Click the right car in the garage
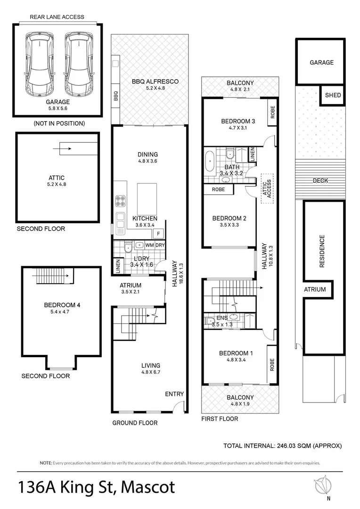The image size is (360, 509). [77, 63]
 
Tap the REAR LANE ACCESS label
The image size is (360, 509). [57, 17]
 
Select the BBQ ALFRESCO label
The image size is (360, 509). [155, 82]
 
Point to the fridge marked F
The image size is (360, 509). [158, 234]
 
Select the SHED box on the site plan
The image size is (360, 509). [333, 95]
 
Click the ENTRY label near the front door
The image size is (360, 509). [174, 394]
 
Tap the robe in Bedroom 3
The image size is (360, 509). [272, 112]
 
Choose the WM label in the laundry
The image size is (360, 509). [149, 245]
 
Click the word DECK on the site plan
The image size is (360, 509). [320, 181]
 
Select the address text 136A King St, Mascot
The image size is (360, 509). [96, 486]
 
